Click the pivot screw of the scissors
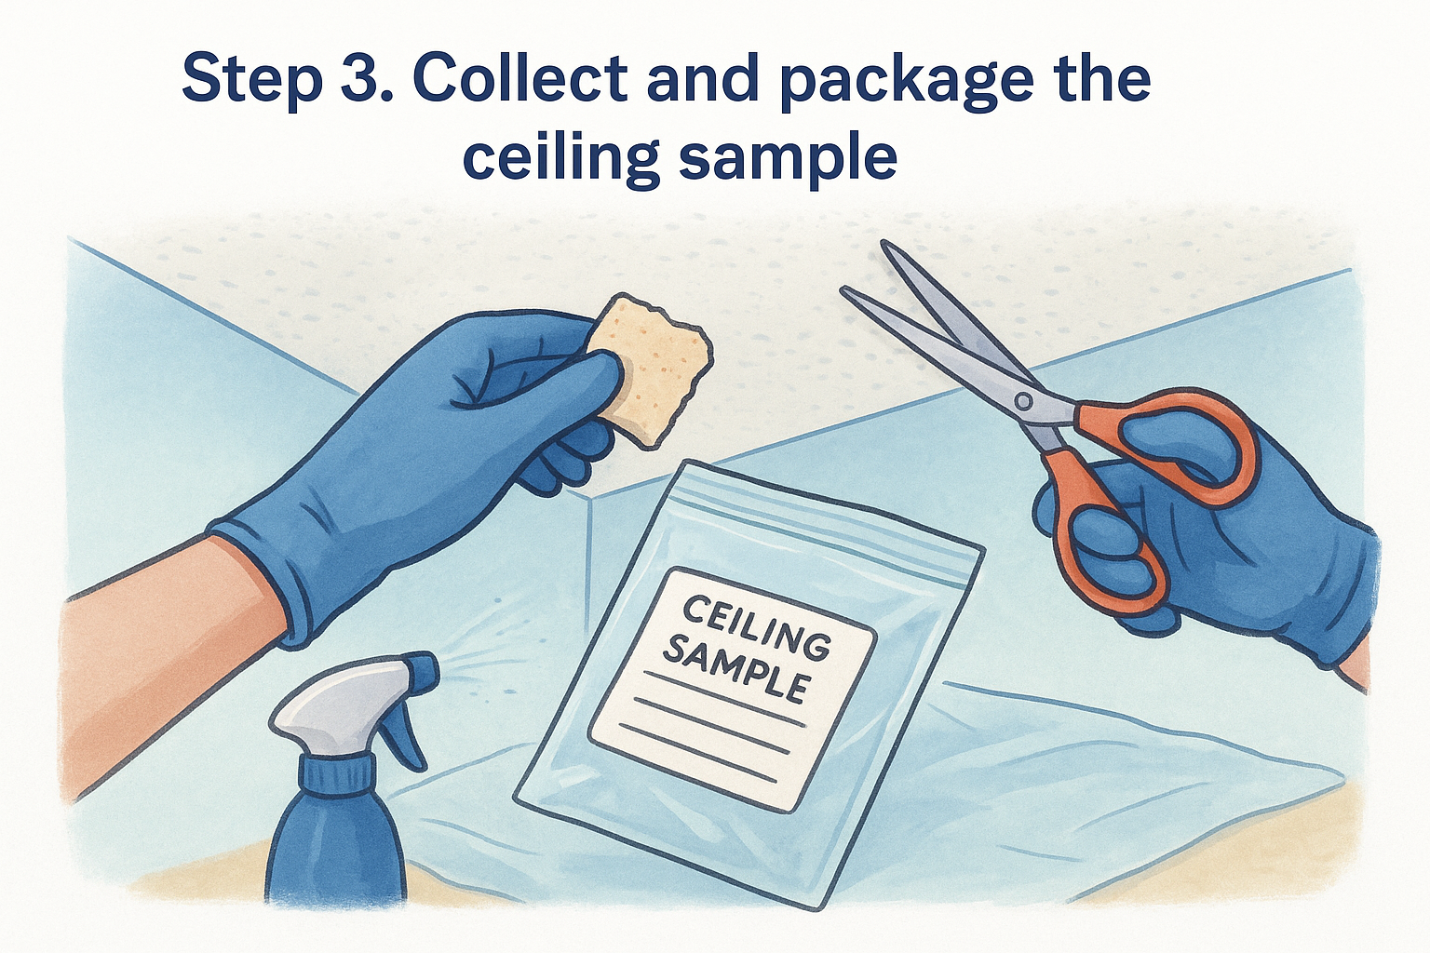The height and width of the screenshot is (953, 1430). pos(1023,401)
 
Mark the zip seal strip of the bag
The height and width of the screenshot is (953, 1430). pos(824,514)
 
